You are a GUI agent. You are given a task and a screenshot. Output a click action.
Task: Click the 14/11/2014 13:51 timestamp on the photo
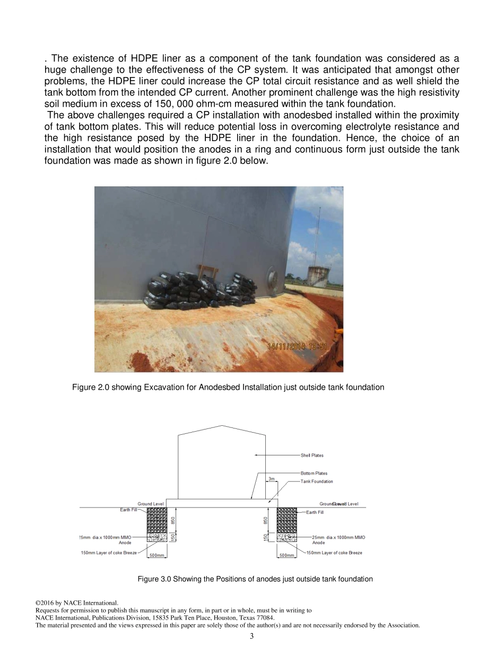pyautogui.click(x=297, y=347)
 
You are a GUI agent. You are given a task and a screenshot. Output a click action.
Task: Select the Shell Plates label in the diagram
pyautogui.click(x=312, y=456)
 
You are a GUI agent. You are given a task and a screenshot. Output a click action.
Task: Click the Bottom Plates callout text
pyautogui.click(x=314, y=473)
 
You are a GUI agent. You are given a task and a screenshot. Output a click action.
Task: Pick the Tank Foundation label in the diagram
pyautogui.click(x=317, y=482)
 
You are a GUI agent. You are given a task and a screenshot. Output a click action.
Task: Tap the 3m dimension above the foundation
pyautogui.click(x=272, y=479)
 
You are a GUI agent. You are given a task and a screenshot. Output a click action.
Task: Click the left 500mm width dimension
pyautogui.click(x=157, y=555)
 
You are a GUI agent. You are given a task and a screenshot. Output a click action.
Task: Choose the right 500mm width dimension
pyautogui.click(x=287, y=555)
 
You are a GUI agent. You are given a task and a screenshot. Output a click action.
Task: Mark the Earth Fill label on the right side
pyautogui.click(x=315, y=512)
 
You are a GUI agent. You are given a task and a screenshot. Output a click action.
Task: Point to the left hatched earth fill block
pyautogui.click(x=157, y=520)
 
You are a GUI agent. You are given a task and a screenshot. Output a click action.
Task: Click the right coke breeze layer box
pyautogui.click(x=286, y=538)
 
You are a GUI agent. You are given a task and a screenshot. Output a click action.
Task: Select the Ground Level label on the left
pyautogui.click(x=151, y=504)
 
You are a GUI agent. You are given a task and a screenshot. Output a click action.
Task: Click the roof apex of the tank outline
pyautogui.click(x=222, y=426)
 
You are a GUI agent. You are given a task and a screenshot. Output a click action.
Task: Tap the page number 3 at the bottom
pyautogui.click(x=252, y=637)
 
